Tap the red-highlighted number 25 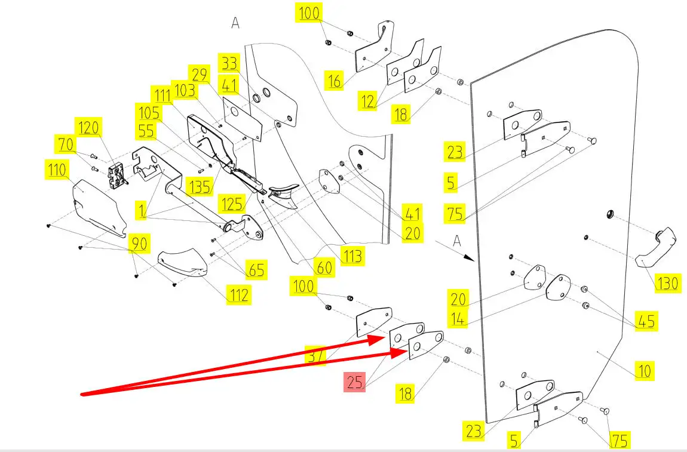[355, 382]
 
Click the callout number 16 [335, 80]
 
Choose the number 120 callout [88, 128]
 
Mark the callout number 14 [458, 319]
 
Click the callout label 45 [645, 321]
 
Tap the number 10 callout [644, 371]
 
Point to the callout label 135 [200, 186]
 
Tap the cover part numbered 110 [97, 206]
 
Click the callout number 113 [352, 256]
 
